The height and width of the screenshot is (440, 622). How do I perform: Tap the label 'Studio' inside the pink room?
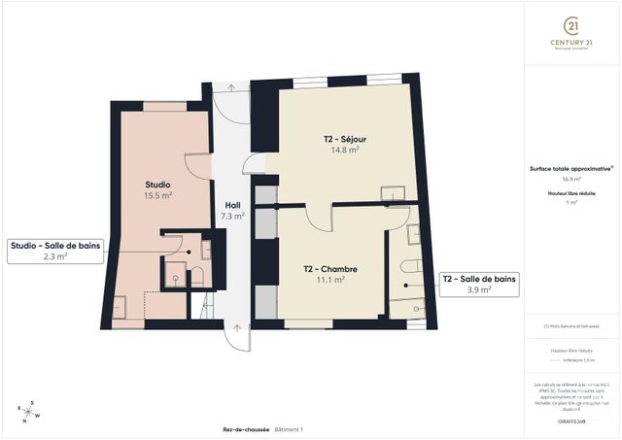coord(158,184)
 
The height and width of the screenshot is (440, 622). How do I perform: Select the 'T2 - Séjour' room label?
coord(344,139)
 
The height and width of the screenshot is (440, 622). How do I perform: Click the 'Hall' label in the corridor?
coord(232,205)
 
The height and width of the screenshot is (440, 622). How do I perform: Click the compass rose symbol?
coord(29,411)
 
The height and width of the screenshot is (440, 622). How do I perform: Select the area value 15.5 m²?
coord(158,195)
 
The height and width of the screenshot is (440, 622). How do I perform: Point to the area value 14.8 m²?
coord(344,151)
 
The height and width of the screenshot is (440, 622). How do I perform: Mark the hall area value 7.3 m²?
coord(232,216)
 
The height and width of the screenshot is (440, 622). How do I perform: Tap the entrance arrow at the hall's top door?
coord(230,87)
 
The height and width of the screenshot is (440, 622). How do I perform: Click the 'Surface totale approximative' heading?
coord(570,168)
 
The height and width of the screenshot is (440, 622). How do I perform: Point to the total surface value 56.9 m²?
coord(570,180)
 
